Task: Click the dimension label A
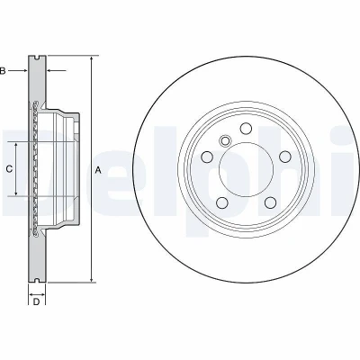[98, 170]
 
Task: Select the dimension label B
[3, 71]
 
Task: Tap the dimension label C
[9, 169]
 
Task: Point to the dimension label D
[36, 301]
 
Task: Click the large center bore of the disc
[246, 169]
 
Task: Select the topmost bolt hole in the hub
[246, 129]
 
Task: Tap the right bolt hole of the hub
[284, 157]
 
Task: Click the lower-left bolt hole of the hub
[222, 202]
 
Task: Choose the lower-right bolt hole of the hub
[270, 202]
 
